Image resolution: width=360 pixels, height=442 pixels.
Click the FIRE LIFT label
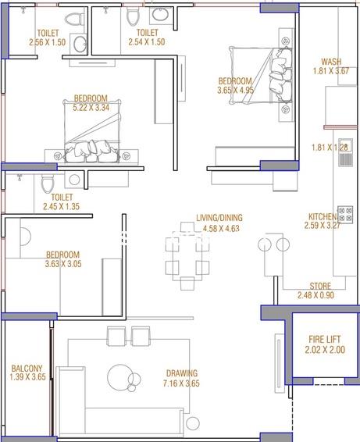coord(325,339)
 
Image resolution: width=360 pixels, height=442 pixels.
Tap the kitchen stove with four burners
coord(345,215)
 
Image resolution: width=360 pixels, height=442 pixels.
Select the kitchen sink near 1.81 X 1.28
coord(345,152)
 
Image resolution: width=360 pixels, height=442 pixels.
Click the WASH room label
coord(331,62)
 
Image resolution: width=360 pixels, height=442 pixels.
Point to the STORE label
coord(320,286)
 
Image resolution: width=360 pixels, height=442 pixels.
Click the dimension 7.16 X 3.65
coord(181,383)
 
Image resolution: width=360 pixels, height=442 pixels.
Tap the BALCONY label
coord(27,368)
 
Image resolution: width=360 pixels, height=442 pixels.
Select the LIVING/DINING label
coord(219,218)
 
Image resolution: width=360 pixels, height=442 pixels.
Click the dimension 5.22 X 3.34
coord(91,108)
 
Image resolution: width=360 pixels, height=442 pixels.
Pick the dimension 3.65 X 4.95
coord(235,91)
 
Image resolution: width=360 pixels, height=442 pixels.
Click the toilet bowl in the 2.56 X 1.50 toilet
coord(74,20)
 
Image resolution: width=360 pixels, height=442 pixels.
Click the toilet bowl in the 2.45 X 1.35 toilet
coord(48,184)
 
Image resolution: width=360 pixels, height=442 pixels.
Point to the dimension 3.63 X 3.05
coord(63,264)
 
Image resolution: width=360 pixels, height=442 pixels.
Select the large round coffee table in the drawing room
coord(121,377)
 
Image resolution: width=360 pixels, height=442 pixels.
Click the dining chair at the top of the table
coord(187,228)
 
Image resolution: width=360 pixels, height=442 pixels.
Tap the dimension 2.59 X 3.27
coord(323,226)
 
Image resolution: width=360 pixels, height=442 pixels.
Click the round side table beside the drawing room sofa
coord(193,422)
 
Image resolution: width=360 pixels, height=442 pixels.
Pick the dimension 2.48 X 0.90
coord(315,295)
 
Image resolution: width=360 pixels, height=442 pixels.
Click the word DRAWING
coord(182,373)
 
